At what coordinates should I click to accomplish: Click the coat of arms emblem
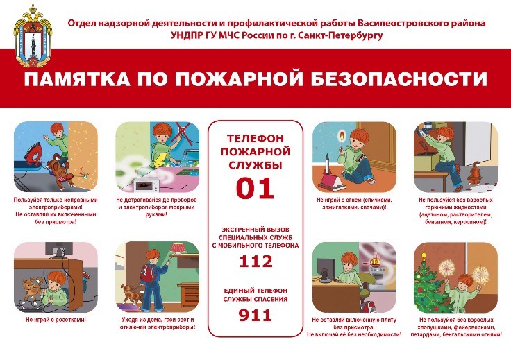[x=33, y=36]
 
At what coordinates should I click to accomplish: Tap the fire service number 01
[x=255, y=188]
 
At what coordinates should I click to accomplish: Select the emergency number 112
[x=255, y=262]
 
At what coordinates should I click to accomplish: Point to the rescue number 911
[x=255, y=315]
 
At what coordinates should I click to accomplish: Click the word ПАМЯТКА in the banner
[x=77, y=79]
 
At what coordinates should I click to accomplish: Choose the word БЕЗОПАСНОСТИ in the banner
[x=399, y=79]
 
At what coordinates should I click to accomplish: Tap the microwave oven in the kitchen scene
[x=147, y=185]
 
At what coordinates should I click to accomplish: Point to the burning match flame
[x=341, y=133]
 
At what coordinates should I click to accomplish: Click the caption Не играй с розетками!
[x=56, y=320]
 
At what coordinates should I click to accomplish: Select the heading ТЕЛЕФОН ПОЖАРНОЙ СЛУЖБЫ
[x=255, y=152]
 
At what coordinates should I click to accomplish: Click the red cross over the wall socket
[x=181, y=132]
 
